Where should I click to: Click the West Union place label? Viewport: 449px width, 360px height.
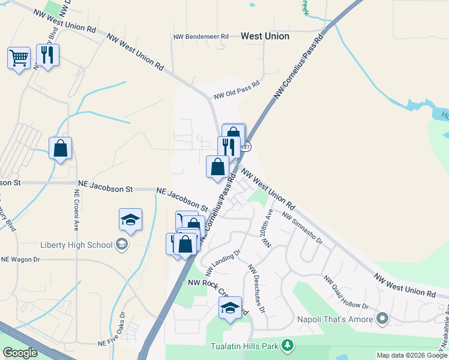pyautogui.click(x=265, y=36)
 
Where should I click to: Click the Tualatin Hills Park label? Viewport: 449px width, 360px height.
pyautogui.click(x=245, y=346)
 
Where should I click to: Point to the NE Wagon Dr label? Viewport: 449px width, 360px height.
pyautogui.click(x=20, y=259)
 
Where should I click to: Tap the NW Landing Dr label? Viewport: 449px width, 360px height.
pyautogui.click(x=222, y=262)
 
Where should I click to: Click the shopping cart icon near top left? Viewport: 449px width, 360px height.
pyautogui.click(x=19, y=58)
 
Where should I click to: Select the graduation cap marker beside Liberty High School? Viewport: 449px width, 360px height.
pyautogui.click(x=130, y=220)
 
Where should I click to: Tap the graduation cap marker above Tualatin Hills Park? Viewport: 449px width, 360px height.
pyautogui.click(x=229, y=308)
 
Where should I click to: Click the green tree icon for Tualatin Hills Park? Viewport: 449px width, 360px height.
pyautogui.click(x=288, y=346)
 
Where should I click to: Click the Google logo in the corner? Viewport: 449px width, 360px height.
pyautogui.click(x=20, y=353)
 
